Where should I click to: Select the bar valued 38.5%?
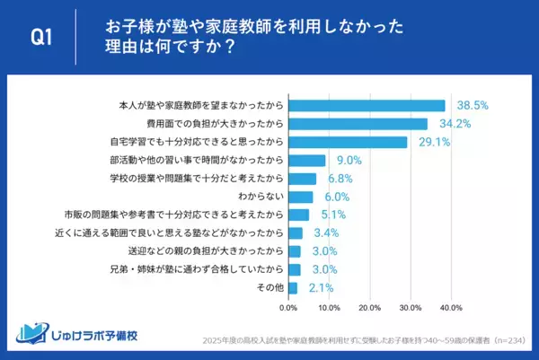click(367, 105)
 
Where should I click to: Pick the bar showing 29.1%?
click(348, 142)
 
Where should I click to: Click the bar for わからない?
click(300, 197)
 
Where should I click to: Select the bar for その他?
click(292, 287)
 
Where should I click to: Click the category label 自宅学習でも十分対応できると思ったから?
click(196, 142)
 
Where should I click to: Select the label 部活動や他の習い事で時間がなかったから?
click(196, 160)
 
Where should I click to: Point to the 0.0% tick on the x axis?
click(288, 308)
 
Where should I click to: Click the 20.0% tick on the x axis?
click(370, 308)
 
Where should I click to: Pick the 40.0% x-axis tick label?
click(451, 308)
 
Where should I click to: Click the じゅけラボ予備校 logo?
click(80, 333)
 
